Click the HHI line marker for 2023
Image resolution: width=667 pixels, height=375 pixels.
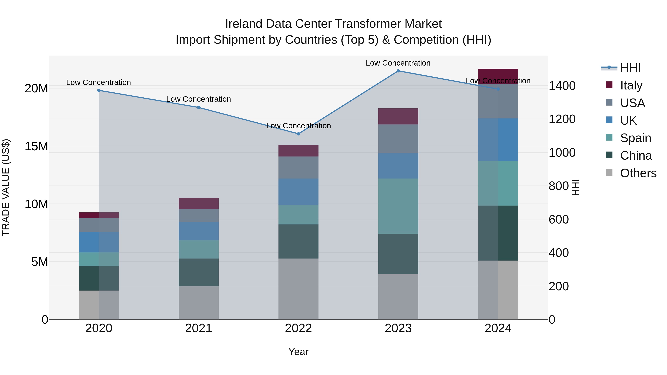click(398, 71)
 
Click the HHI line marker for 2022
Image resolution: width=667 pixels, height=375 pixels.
click(298, 134)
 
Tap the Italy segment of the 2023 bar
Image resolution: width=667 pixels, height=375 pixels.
click(398, 116)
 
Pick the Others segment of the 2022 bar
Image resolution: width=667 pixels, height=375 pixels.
click(298, 289)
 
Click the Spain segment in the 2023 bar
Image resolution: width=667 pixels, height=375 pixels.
click(398, 206)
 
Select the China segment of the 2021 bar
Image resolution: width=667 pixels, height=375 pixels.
click(199, 272)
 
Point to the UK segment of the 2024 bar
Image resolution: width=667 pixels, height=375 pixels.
click(498, 140)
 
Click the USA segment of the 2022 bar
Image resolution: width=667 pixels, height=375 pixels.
click(298, 167)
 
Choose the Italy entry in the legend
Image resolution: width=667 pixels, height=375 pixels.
click(631, 85)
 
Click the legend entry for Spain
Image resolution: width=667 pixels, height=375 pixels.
click(636, 138)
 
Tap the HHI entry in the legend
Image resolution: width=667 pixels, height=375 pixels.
click(630, 68)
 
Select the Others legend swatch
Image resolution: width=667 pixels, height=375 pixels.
click(609, 173)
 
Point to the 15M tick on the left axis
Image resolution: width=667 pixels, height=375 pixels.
click(36, 146)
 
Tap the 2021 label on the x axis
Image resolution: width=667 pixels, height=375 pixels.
click(199, 328)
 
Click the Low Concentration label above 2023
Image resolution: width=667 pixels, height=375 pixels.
click(398, 63)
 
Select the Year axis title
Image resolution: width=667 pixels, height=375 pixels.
click(298, 352)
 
